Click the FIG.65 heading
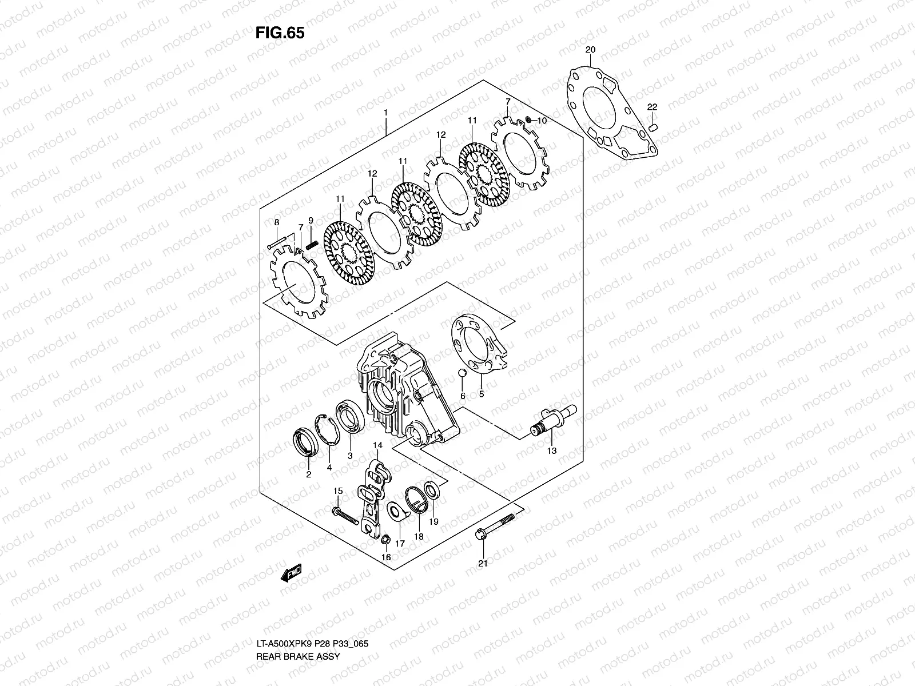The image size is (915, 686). (x=280, y=33)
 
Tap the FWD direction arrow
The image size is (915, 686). (x=291, y=574)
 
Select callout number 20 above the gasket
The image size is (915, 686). (x=590, y=50)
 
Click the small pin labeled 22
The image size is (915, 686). (x=655, y=125)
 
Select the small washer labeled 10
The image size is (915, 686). (x=529, y=119)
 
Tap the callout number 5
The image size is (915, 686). (x=481, y=394)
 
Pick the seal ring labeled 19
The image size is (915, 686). (x=432, y=490)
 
